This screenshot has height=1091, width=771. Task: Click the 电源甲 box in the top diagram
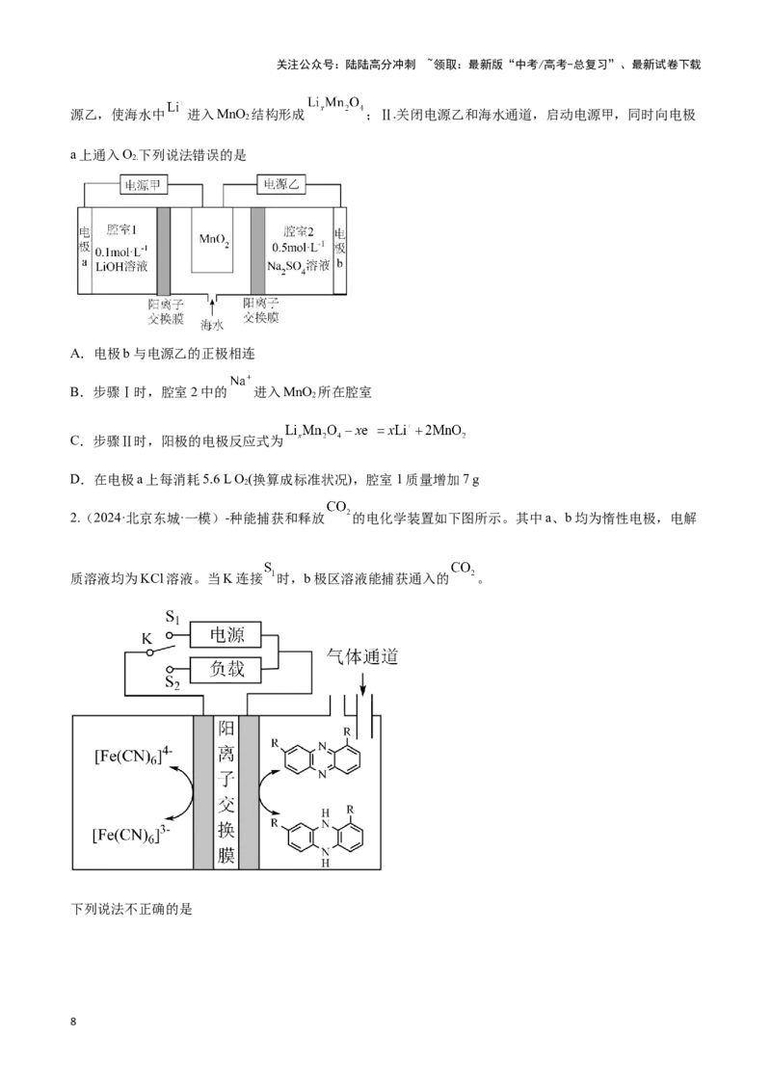point(143,185)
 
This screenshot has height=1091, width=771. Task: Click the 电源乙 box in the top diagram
point(281,184)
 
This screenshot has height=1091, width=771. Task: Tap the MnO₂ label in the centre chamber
point(214,240)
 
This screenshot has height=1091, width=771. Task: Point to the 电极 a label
point(84,247)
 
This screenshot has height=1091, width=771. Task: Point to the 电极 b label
point(339,248)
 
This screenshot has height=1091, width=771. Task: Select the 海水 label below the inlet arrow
point(212,325)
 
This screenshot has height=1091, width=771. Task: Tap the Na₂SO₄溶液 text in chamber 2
point(299,267)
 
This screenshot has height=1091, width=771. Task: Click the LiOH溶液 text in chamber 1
point(121,266)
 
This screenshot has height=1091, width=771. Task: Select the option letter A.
point(76,354)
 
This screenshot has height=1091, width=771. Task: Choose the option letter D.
point(76,480)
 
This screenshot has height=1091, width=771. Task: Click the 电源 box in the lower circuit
point(226,634)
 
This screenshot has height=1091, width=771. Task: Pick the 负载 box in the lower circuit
point(226,670)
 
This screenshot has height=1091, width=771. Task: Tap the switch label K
point(146,639)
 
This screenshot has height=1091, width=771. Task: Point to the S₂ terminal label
point(173,682)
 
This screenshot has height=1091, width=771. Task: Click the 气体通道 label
point(362,656)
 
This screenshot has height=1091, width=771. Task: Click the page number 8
point(74,1023)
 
